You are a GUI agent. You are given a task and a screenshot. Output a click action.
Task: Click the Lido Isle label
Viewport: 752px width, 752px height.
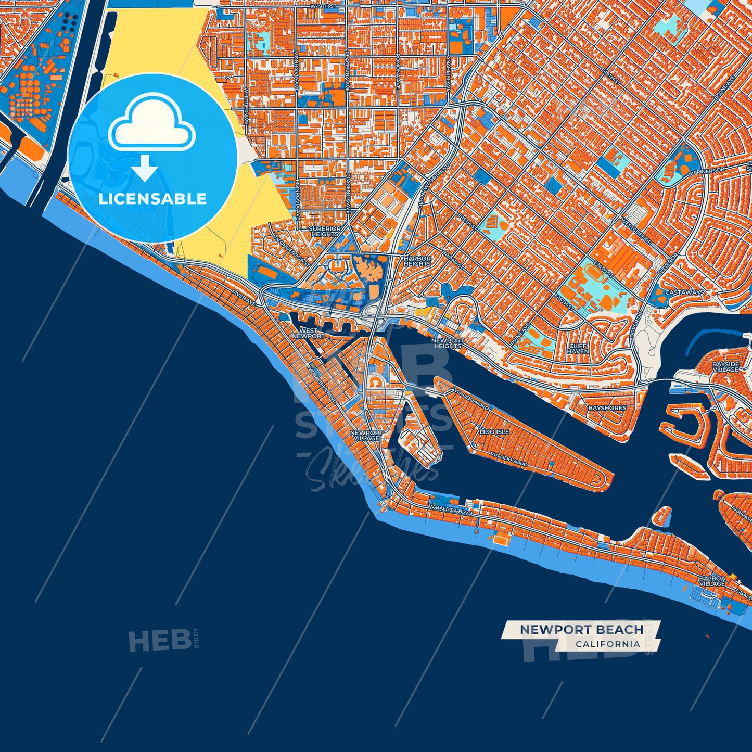click(494, 432)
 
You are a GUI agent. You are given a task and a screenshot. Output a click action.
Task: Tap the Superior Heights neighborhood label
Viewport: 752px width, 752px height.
click(325, 232)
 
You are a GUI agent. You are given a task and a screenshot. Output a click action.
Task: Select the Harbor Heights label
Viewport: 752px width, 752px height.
click(417, 261)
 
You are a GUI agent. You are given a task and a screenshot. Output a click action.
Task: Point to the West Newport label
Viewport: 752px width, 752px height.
click(308, 334)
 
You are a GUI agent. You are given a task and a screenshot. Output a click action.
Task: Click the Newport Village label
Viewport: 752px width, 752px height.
click(366, 436)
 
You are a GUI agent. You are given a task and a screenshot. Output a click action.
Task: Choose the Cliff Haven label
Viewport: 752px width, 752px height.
click(578, 349)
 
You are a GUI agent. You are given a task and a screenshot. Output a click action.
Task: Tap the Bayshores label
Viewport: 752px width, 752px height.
click(607, 409)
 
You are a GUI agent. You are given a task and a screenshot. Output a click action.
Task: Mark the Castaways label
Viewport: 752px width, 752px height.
click(684, 292)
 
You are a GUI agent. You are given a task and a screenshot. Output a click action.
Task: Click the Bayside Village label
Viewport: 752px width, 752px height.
click(725, 367)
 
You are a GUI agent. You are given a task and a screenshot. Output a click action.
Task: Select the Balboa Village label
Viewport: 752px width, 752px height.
click(712, 581)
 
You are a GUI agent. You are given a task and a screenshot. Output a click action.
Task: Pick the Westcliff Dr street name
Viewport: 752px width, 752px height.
click(636, 232)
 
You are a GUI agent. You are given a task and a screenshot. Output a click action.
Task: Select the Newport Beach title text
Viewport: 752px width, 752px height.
click(581, 630)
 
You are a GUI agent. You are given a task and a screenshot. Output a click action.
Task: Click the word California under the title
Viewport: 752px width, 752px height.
click(608, 644)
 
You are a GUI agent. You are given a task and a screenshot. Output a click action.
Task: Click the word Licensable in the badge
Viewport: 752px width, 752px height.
click(152, 198)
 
